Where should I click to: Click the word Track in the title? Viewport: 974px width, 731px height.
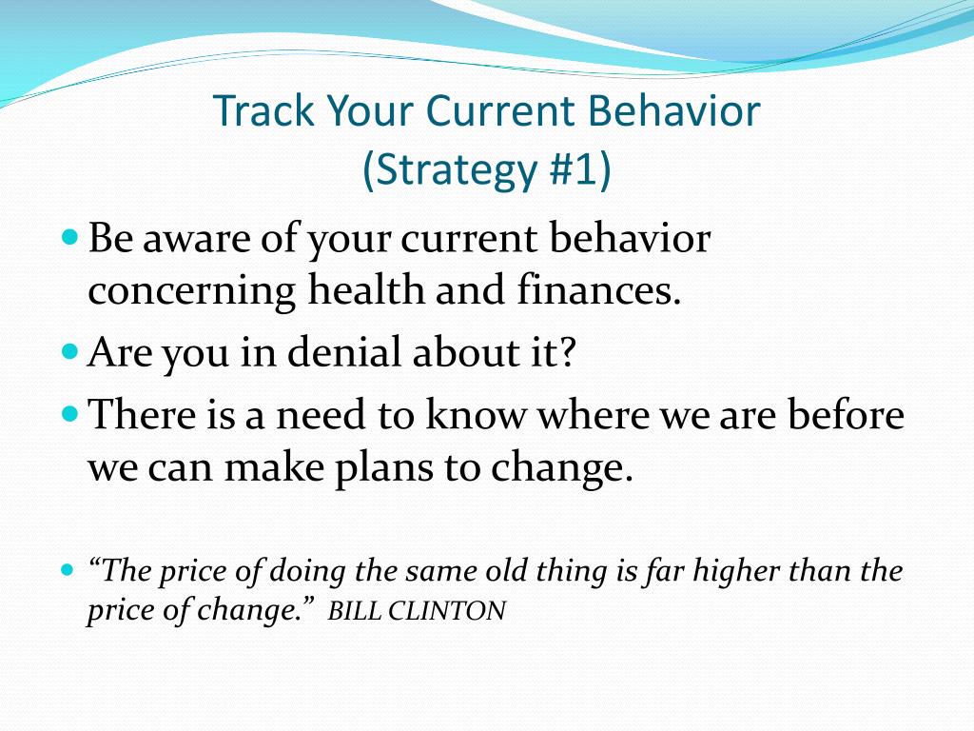264,110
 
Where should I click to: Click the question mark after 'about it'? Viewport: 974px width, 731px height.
566,352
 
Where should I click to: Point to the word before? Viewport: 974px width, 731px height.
846,414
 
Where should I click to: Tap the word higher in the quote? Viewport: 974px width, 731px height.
735,572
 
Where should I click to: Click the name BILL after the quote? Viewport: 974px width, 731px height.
354,610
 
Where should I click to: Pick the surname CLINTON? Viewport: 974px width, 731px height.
447,610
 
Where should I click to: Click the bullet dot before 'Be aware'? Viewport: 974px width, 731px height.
70,237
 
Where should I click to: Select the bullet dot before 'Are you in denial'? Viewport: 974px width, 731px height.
70,351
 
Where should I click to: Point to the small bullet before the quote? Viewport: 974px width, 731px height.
68,569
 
